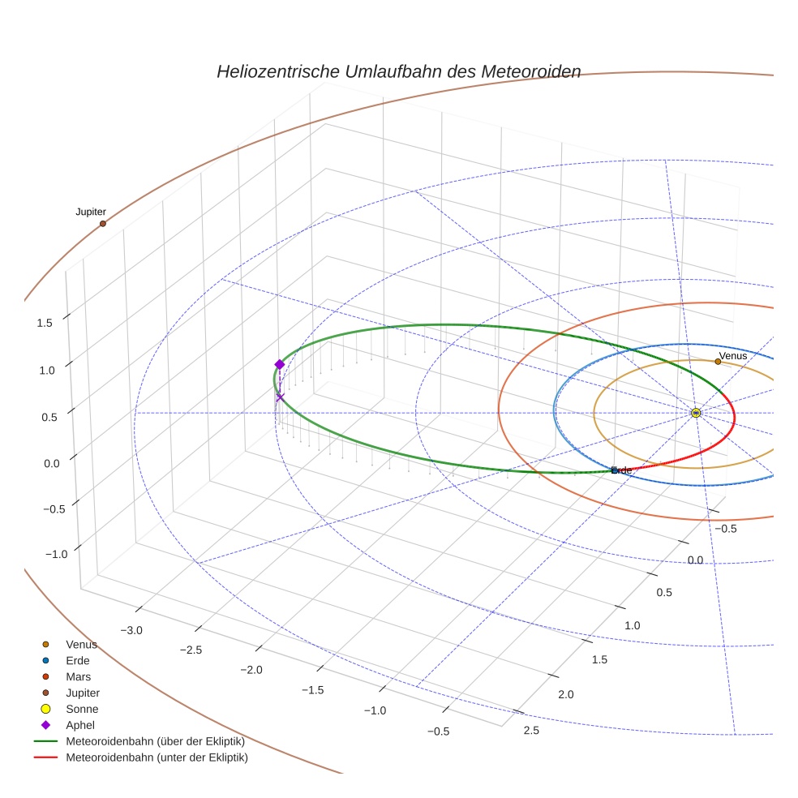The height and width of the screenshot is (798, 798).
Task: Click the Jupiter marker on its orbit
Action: click(x=103, y=224)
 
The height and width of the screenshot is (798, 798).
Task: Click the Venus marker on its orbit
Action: click(x=718, y=362)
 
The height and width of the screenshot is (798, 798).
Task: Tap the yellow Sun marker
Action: click(x=696, y=413)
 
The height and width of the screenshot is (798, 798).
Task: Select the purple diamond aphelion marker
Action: click(x=280, y=364)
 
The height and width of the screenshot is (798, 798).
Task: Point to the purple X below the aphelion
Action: click(x=281, y=397)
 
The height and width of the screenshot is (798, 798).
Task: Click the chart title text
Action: click(x=398, y=71)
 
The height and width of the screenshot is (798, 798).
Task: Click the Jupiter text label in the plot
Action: click(x=91, y=212)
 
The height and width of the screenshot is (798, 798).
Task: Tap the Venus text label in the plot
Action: click(x=732, y=355)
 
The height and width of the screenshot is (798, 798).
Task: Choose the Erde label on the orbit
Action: click(x=621, y=470)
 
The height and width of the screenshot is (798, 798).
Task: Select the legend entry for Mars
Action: click(x=78, y=676)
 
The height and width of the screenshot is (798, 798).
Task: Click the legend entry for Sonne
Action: click(x=82, y=709)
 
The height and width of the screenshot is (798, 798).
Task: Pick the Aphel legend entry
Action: click(x=80, y=725)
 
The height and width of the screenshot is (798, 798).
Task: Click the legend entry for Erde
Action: click(x=78, y=660)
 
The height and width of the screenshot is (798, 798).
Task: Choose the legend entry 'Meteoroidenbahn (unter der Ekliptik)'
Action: click(x=157, y=757)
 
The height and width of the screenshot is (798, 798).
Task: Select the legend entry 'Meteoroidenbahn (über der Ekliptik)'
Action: click(x=155, y=741)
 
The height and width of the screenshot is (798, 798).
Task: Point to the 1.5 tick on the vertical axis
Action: click(x=45, y=323)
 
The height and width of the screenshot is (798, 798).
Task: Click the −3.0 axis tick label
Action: click(x=131, y=630)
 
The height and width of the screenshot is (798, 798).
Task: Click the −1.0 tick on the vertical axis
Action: click(x=45, y=554)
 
